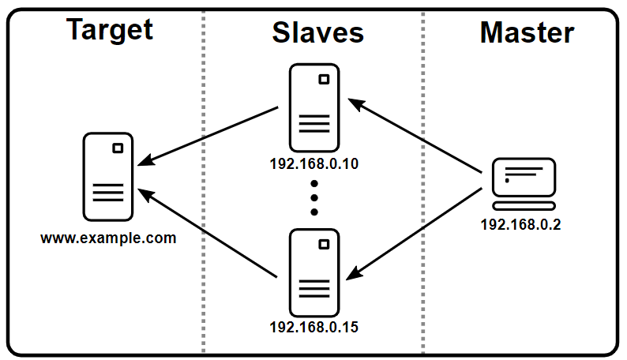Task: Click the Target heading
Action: point(110,30)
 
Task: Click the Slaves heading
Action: point(317,32)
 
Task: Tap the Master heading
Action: point(527,32)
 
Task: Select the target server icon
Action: point(108,177)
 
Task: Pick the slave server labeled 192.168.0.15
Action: point(313,272)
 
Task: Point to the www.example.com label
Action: point(109,237)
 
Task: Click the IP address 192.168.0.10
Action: point(314,164)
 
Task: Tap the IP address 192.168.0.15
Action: point(314,326)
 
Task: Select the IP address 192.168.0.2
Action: point(520,223)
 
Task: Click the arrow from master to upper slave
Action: point(415,135)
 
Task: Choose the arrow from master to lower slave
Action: point(415,233)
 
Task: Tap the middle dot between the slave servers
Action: point(313,197)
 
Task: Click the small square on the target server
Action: point(118,148)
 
